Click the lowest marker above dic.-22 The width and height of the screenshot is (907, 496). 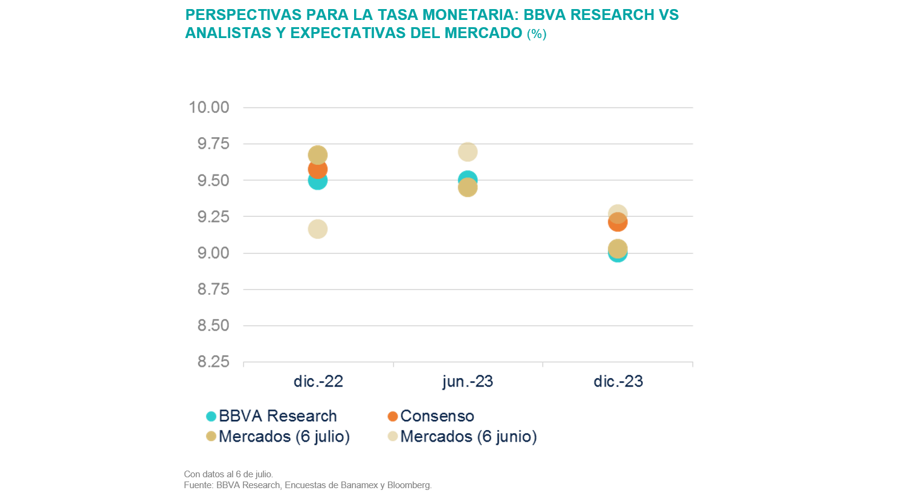pos(317,229)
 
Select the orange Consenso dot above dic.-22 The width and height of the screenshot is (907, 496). pos(317,169)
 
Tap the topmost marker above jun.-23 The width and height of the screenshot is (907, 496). pos(467,152)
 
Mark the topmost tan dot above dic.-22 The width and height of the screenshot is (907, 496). pos(317,155)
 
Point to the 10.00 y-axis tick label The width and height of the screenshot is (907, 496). pos(209,108)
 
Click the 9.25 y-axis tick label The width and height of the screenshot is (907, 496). pos(213,216)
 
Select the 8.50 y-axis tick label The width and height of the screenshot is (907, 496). pos(213,325)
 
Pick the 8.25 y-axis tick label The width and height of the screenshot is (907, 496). pos(213,361)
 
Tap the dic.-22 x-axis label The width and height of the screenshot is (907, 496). pos(318,381)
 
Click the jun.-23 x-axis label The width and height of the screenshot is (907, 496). pos(468,381)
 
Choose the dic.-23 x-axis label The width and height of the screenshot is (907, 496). pos(618,381)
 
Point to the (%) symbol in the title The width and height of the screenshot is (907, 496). pos(537,34)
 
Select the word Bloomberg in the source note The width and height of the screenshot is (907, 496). pos(408,485)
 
